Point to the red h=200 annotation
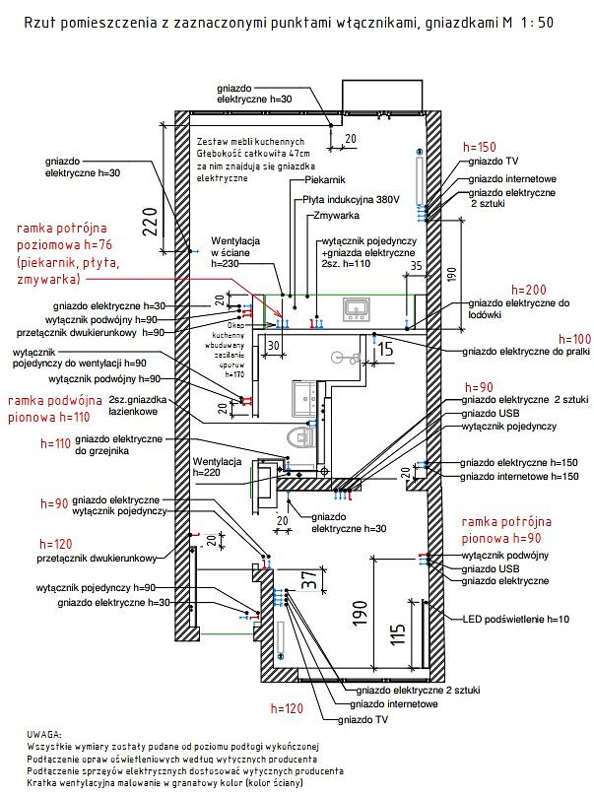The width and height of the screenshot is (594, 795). tap(530, 291)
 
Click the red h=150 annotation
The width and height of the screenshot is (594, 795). tap(482, 146)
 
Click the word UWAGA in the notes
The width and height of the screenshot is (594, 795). tap(46, 735)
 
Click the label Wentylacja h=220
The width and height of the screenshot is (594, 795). tap(218, 467)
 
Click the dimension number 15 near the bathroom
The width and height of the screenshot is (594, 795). tap(385, 349)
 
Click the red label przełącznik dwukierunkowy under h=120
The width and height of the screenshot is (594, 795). tap(97, 561)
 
